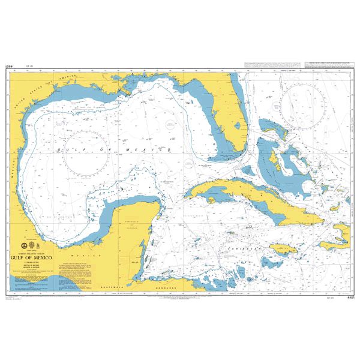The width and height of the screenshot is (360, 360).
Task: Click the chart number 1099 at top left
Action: [x=9, y=67]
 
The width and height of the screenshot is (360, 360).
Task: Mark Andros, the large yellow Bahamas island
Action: [x=272, y=159]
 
